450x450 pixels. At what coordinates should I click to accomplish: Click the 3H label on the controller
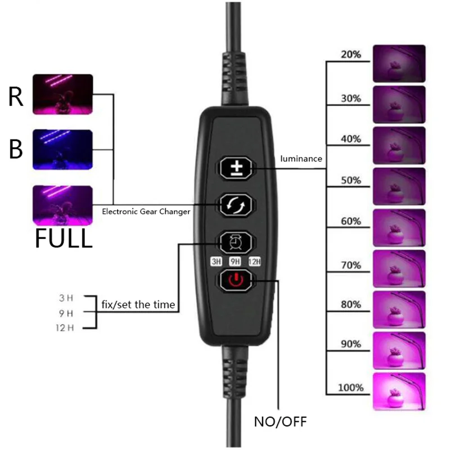[x=216, y=261]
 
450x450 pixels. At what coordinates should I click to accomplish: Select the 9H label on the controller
[x=235, y=261]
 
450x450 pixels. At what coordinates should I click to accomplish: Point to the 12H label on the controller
[x=254, y=261]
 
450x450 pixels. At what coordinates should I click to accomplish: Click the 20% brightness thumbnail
[x=399, y=64]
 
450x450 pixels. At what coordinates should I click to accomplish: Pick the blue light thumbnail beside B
[x=62, y=149]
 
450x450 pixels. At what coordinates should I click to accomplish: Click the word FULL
[x=64, y=238]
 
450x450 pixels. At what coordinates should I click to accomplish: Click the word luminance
[x=301, y=159]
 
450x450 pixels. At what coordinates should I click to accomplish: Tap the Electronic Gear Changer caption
[x=146, y=212]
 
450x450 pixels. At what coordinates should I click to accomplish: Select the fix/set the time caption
[x=138, y=305]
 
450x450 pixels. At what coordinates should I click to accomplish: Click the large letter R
[x=16, y=97]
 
